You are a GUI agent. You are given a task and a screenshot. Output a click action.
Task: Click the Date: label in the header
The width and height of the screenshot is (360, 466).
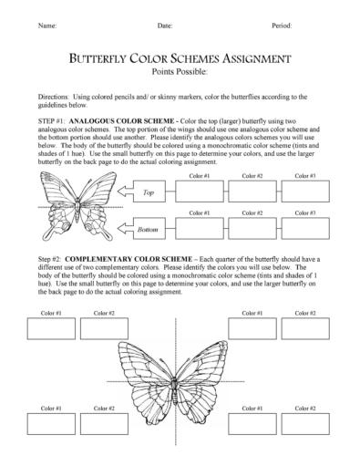[x=164, y=25]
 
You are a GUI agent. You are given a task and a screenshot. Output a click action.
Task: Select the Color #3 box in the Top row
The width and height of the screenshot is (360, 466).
[x=307, y=190]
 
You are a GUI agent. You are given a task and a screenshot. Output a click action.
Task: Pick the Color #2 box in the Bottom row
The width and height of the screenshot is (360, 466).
[x=253, y=227]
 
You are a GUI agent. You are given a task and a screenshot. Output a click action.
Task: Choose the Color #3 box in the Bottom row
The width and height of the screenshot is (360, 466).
[x=307, y=227]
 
